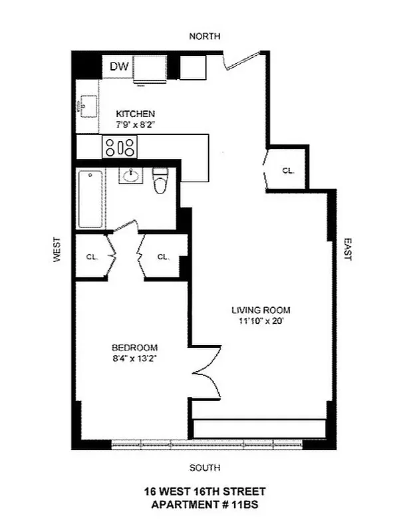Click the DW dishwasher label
pos(118,66)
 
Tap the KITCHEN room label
pos(136,114)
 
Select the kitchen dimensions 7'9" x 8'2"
pos(136,124)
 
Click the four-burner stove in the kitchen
pos(119,147)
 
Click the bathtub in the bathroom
pos(90,199)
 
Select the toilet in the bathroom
pos(160,180)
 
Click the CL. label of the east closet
pos(288,170)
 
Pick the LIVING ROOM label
pos(261,310)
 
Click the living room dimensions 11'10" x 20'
pos(261,321)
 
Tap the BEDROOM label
pos(134,348)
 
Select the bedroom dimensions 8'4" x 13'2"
pos(134,359)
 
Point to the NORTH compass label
pos(204,37)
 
